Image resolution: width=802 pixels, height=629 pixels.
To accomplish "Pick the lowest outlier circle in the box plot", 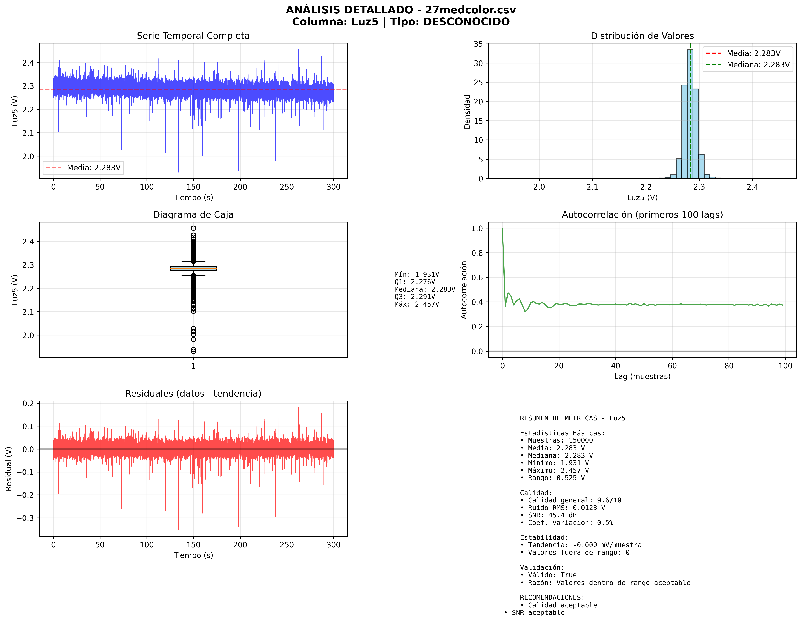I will point(193,351).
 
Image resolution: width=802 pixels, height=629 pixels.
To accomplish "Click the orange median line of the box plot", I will point(193,269).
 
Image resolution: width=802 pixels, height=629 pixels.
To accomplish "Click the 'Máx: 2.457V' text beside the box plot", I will point(416,304).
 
